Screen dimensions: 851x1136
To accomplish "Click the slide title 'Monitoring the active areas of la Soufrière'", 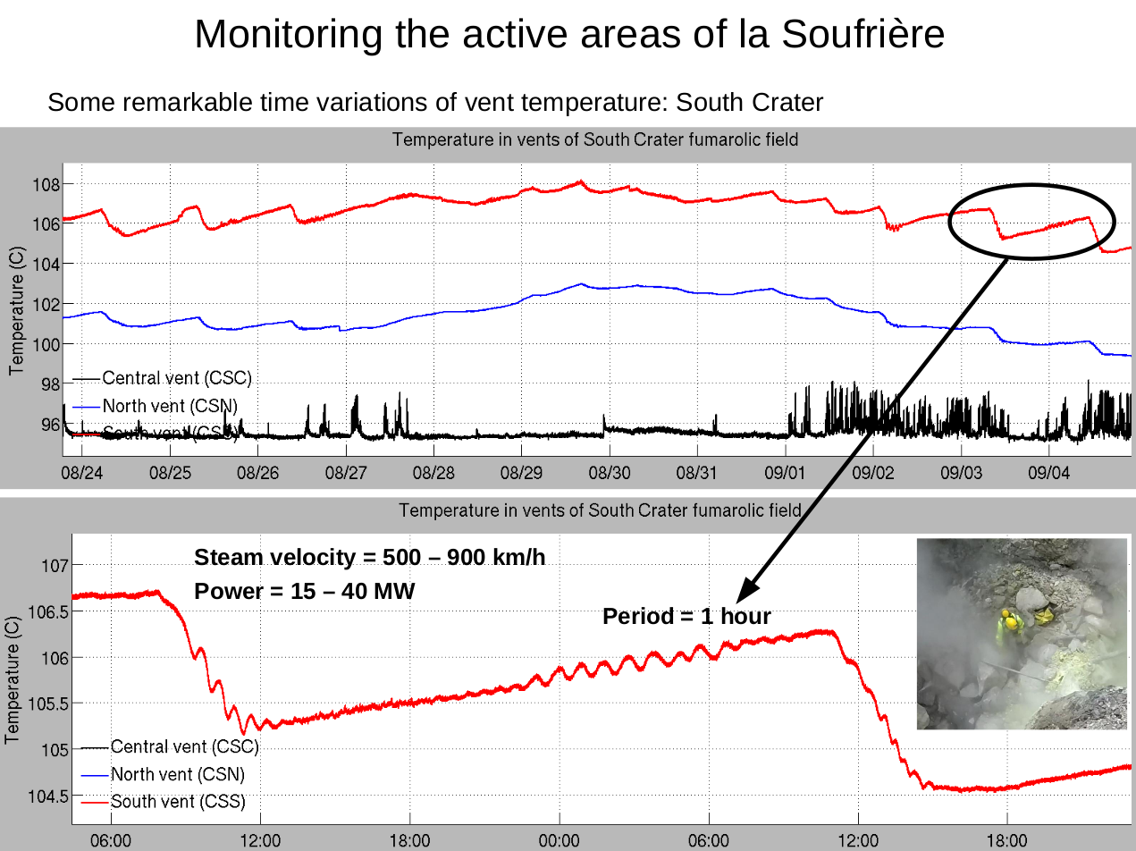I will coord(568,34).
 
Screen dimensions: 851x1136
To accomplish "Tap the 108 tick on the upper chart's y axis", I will coord(46,185).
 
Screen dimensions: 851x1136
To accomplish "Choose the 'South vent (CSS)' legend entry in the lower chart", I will coord(178,801).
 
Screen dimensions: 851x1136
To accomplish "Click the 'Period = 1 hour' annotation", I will coord(686,616).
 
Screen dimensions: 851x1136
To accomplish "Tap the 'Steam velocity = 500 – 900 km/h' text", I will coord(369,558).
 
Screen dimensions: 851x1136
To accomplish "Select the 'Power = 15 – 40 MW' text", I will coord(304,591).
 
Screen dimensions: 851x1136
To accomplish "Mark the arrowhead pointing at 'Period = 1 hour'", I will coord(746,590).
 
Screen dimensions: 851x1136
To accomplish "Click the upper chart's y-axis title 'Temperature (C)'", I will coord(15,310).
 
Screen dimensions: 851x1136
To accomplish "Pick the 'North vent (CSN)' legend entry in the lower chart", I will coord(177,773).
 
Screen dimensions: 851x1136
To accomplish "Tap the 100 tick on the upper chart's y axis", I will coord(46,344).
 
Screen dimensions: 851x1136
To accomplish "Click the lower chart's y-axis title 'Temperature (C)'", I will coord(13,679).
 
